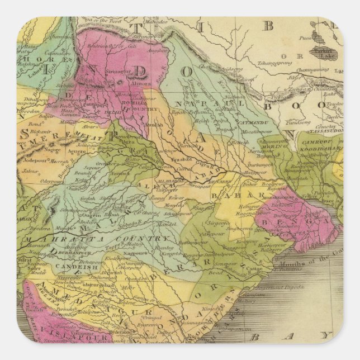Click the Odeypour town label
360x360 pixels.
tap(35, 182)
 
